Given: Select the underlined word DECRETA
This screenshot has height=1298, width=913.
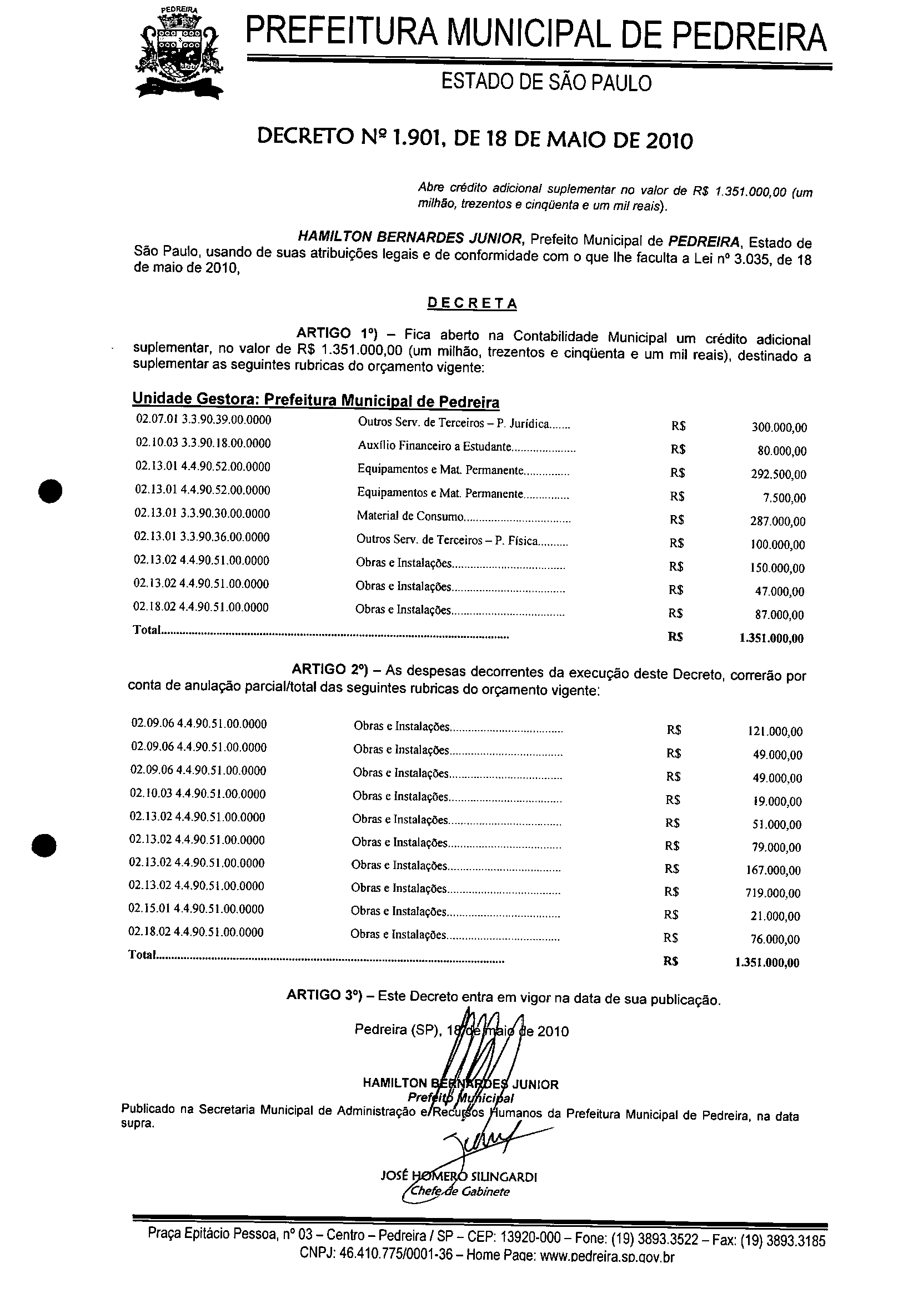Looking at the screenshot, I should [x=471, y=303].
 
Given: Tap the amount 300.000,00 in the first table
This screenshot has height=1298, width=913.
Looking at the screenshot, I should [x=779, y=427].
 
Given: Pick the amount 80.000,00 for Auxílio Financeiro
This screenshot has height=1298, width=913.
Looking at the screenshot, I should [x=782, y=451].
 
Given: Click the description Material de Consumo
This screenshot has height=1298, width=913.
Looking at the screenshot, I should [x=410, y=516].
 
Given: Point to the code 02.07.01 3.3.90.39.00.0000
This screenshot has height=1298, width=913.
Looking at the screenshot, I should [x=203, y=420].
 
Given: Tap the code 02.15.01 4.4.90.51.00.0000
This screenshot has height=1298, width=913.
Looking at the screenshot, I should [x=196, y=909].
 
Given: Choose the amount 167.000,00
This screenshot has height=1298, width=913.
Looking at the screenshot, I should [x=774, y=870].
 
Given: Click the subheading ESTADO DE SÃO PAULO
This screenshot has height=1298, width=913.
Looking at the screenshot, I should [x=546, y=83].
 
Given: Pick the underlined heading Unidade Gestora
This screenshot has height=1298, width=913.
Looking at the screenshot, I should [x=315, y=400].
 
